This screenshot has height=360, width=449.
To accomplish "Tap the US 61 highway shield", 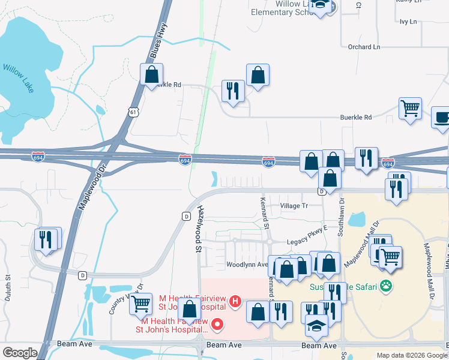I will point(133,112).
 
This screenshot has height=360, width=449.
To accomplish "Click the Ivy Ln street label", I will point(408,22).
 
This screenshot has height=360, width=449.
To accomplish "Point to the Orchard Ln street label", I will point(364,47).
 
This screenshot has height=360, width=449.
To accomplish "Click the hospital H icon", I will point(236,301).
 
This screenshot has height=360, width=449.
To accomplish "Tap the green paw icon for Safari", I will point(387,287).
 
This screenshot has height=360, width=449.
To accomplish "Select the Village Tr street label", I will point(294,206).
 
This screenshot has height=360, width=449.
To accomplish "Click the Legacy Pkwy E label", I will point(307,229).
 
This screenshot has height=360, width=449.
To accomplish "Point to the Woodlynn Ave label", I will point(247,265).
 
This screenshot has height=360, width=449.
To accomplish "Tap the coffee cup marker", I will point(442,118).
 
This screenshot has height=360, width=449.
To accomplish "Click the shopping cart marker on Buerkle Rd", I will point(410,109).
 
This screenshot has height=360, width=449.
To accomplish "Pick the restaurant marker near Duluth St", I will point(46,239).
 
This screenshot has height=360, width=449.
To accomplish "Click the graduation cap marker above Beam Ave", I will point(316,325).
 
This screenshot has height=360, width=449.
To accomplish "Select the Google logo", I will point(20,353).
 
